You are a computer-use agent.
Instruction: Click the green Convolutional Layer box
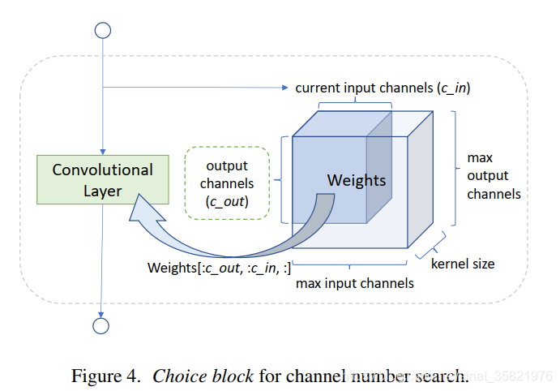tap(102, 180)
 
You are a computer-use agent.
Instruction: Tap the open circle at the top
tap(102, 31)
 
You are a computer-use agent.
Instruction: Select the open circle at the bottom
tap(102, 325)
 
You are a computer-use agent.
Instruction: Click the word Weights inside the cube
tap(357, 180)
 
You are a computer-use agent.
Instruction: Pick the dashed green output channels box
tap(228, 183)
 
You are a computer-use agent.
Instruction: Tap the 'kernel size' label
tap(463, 264)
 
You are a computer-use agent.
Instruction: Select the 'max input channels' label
tap(355, 283)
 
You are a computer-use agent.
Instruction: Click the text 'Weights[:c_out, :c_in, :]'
tap(219, 267)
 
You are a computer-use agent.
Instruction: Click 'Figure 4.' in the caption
tap(108, 376)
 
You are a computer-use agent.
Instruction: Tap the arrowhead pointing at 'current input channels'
tap(285, 88)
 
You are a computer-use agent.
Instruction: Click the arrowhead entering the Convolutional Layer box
tap(102, 152)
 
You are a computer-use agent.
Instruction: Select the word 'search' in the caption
tap(442, 376)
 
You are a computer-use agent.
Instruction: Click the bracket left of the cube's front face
tap(284, 179)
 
